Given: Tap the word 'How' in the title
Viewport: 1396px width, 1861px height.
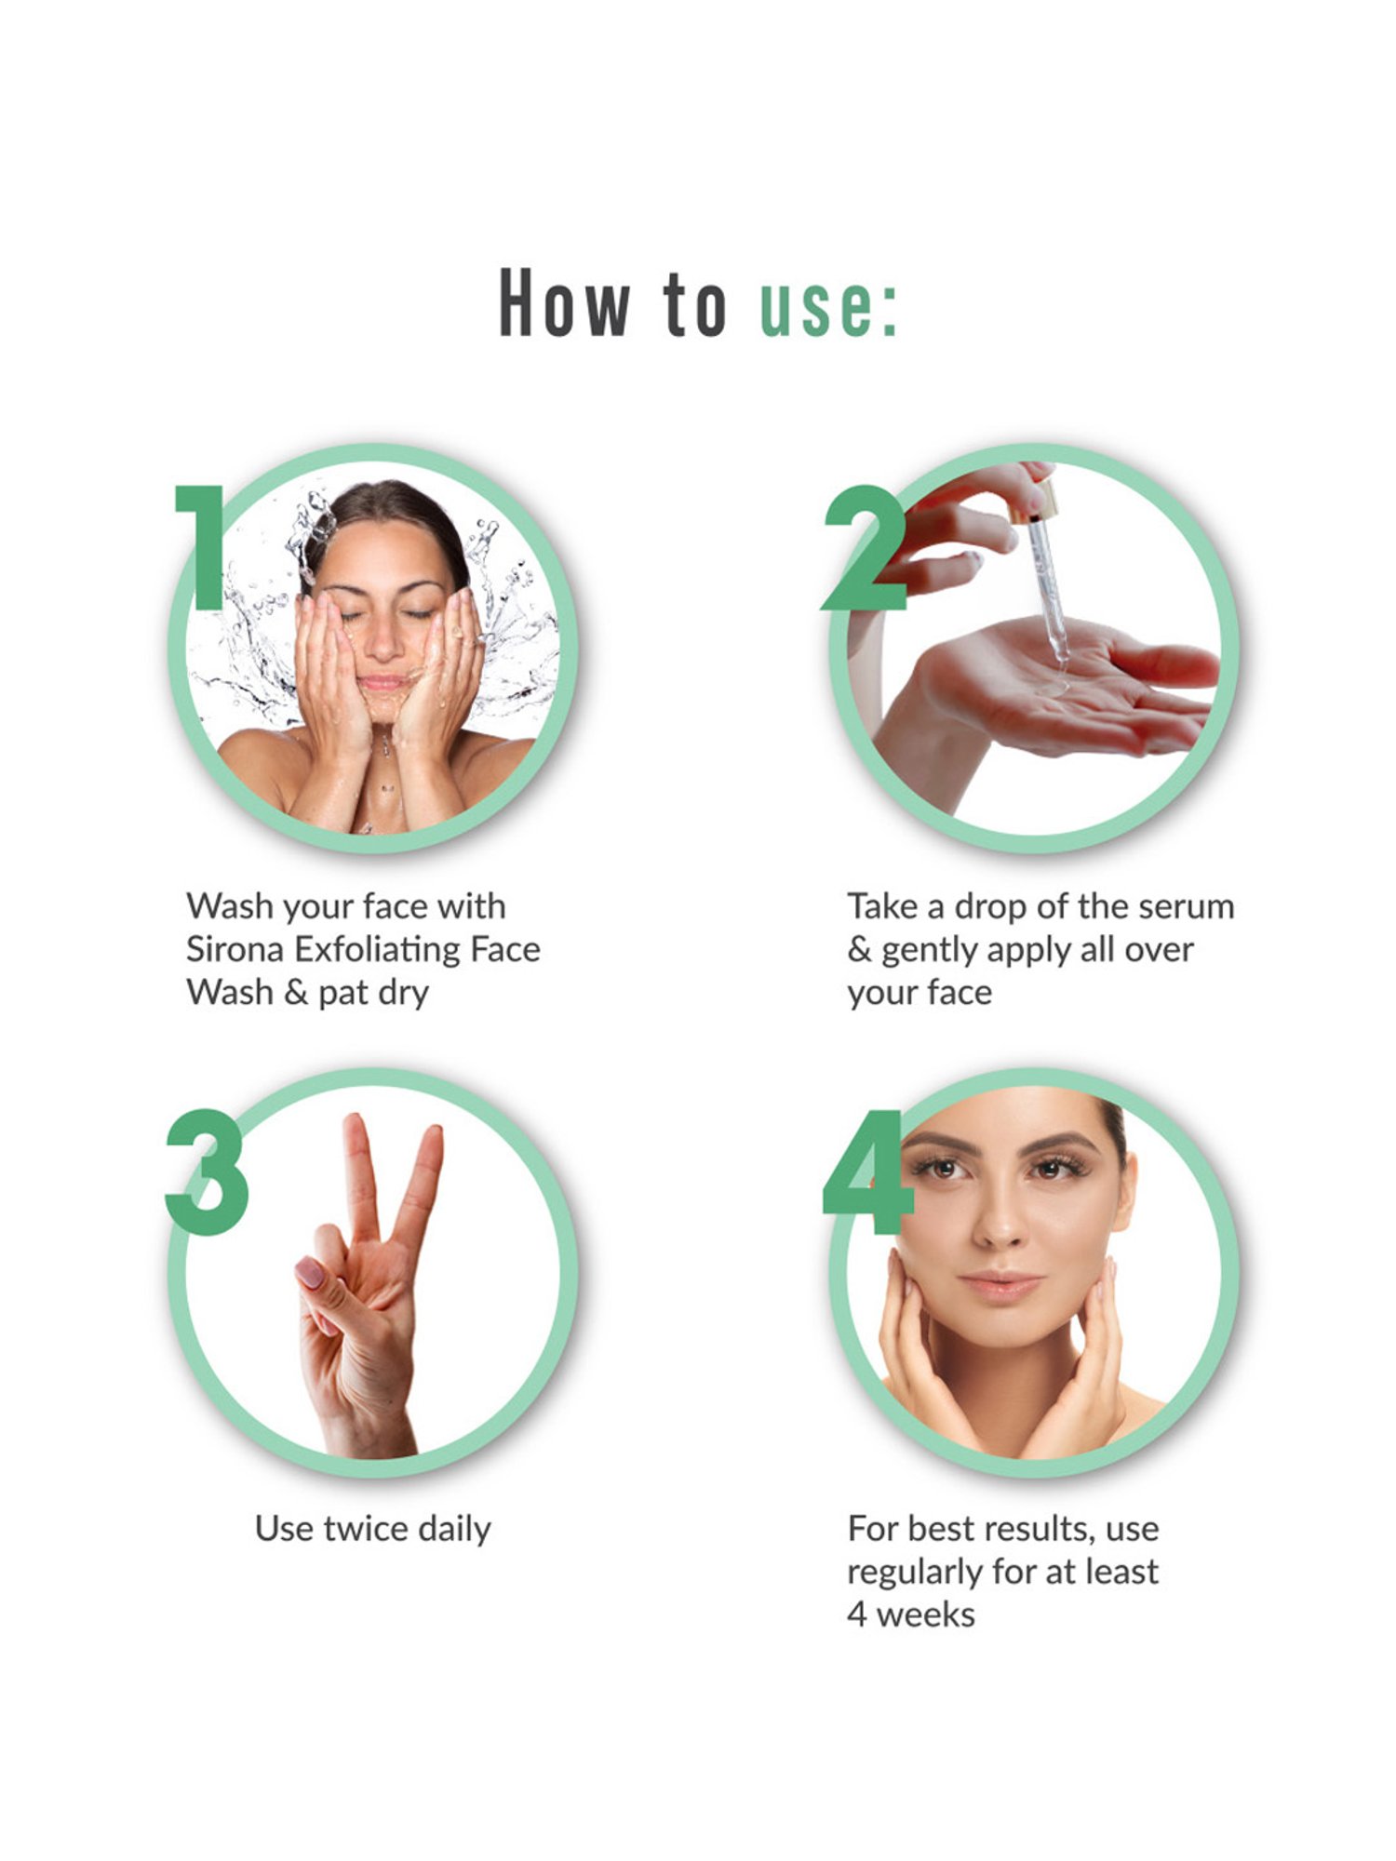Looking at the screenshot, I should click(x=565, y=303).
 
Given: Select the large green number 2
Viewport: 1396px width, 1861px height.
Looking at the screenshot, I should click(x=864, y=549).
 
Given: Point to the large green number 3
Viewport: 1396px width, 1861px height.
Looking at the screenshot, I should click(x=207, y=1172).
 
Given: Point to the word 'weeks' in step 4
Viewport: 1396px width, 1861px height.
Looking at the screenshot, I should click(x=926, y=1615).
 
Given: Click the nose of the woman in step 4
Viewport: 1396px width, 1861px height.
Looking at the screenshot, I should click(x=1000, y=1230).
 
